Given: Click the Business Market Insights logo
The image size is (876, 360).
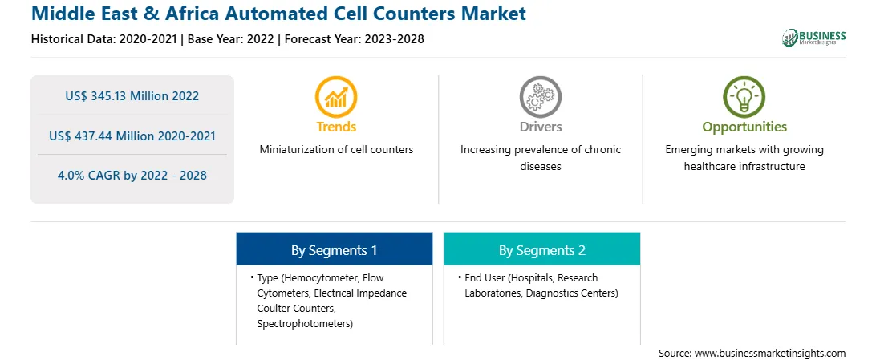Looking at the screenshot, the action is coord(813,38).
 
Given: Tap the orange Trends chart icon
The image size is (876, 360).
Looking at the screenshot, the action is coord(336,96).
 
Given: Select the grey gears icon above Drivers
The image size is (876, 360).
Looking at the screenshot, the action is coord(540,96).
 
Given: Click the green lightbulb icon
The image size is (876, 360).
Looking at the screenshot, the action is coord(744,96).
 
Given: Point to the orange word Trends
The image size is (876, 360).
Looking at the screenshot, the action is coord(336,127).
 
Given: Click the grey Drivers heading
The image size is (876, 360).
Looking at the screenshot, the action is coord(540,127).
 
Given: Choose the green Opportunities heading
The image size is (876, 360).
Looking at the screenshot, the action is coord(744,127).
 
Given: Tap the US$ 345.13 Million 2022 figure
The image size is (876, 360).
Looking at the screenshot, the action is coord(132,96).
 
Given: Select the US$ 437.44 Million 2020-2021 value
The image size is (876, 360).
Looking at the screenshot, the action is coord(132,136).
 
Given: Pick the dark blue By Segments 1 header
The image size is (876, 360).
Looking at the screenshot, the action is coord(334,250).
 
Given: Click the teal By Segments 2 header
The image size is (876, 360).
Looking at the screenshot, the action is coord(542,250).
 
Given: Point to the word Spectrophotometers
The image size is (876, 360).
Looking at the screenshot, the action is coord(305,324).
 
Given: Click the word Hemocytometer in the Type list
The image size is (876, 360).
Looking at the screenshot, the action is coord(320,277).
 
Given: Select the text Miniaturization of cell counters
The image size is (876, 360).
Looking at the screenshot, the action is coord(336,150).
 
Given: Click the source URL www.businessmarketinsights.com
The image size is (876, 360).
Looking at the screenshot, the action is coord(771,354).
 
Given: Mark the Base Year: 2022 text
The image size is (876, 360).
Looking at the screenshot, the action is coord(231,39).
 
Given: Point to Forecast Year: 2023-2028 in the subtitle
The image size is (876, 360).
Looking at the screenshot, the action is coord(355,39).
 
